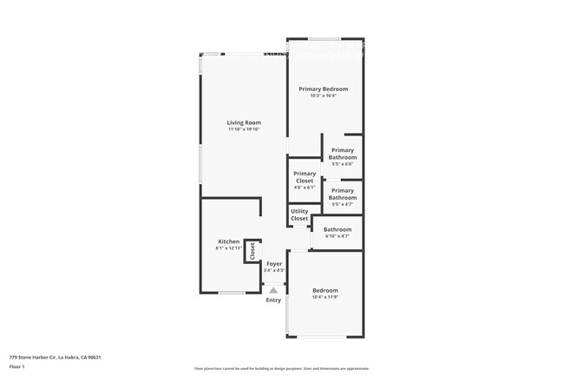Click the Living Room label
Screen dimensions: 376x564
pyautogui.click(x=244, y=122)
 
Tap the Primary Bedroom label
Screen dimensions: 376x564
pyautogui.click(x=323, y=89)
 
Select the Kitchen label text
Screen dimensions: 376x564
pyautogui.click(x=228, y=241)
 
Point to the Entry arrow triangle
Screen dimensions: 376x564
pyautogui.click(x=274, y=291)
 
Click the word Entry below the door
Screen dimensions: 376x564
pyautogui.click(x=273, y=300)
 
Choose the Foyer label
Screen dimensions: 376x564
pyautogui.click(x=273, y=263)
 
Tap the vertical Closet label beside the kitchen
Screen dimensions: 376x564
pyautogui.click(x=252, y=252)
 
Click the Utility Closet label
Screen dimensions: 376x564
pyautogui.click(x=299, y=215)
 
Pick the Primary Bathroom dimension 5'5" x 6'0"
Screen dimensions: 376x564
pyautogui.click(x=343, y=164)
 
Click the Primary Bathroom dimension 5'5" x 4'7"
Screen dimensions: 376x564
pyautogui.click(x=343, y=204)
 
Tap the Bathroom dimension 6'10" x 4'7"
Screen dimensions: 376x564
pyautogui.click(x=337, y=236)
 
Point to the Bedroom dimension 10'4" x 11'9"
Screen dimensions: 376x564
pyautogui.click(x=325, y=297)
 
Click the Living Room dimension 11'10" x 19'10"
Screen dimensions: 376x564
pyautogui.click(x=244, y=130)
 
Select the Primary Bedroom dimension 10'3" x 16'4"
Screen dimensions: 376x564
pyautogui.click(x=323, y=96)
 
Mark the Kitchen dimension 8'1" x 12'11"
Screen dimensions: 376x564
pyautogui.click(x=228, y=248)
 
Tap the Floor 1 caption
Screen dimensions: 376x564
pyautogui.click(x=17, y=367)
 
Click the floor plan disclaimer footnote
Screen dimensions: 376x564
pyautogui.click(x=281, y=368)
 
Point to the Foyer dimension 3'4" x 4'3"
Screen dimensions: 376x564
pyautogui.click(x=273, y=270)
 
